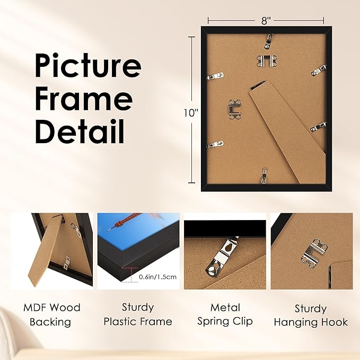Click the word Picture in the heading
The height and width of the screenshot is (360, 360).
tap(87, 66)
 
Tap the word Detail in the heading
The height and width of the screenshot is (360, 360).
tap(80, 130)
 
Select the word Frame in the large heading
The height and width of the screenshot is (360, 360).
tap(84, 98)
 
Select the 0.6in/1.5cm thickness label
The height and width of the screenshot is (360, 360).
tap(157, 277)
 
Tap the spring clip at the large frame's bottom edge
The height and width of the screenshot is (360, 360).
tap(265, 175)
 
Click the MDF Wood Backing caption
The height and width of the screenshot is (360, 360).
tap(51, 314)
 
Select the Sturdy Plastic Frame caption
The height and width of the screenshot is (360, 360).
tap(138, 314)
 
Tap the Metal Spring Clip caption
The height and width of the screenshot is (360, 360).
tap(225, 314)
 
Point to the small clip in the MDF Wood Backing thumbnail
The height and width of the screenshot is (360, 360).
tap(67, 260)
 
